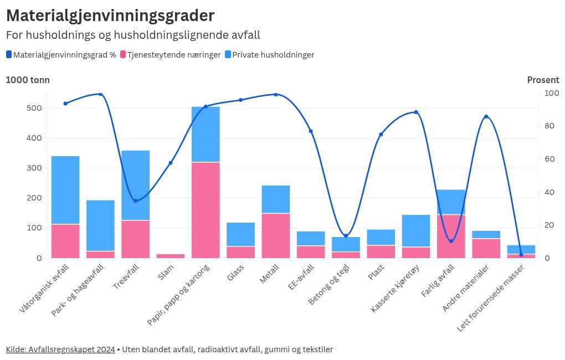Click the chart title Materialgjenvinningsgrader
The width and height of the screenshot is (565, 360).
click(110, 15)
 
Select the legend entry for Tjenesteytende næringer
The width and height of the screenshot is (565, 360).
click(174, 55)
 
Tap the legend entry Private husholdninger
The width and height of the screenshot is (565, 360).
click(273, 55)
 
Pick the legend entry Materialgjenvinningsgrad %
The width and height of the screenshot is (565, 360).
click(64, 55)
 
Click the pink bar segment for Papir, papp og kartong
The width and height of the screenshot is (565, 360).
click(206, 210)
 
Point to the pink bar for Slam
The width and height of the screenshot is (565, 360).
click(171, 256)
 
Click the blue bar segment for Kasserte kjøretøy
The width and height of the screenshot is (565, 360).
click(416, 230)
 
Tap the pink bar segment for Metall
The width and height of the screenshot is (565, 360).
click(276, 235)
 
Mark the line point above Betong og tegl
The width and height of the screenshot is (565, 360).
click(346, 236)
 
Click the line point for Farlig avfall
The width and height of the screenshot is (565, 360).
click(451, 241)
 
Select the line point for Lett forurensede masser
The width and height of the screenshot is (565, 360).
click(521, 255)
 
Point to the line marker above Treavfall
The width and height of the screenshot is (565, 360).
click(135, 200)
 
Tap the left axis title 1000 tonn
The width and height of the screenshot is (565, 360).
click(28, 80)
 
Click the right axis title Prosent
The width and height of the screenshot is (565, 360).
click(543, 80)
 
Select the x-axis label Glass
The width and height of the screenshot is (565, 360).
click(235, 272)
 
